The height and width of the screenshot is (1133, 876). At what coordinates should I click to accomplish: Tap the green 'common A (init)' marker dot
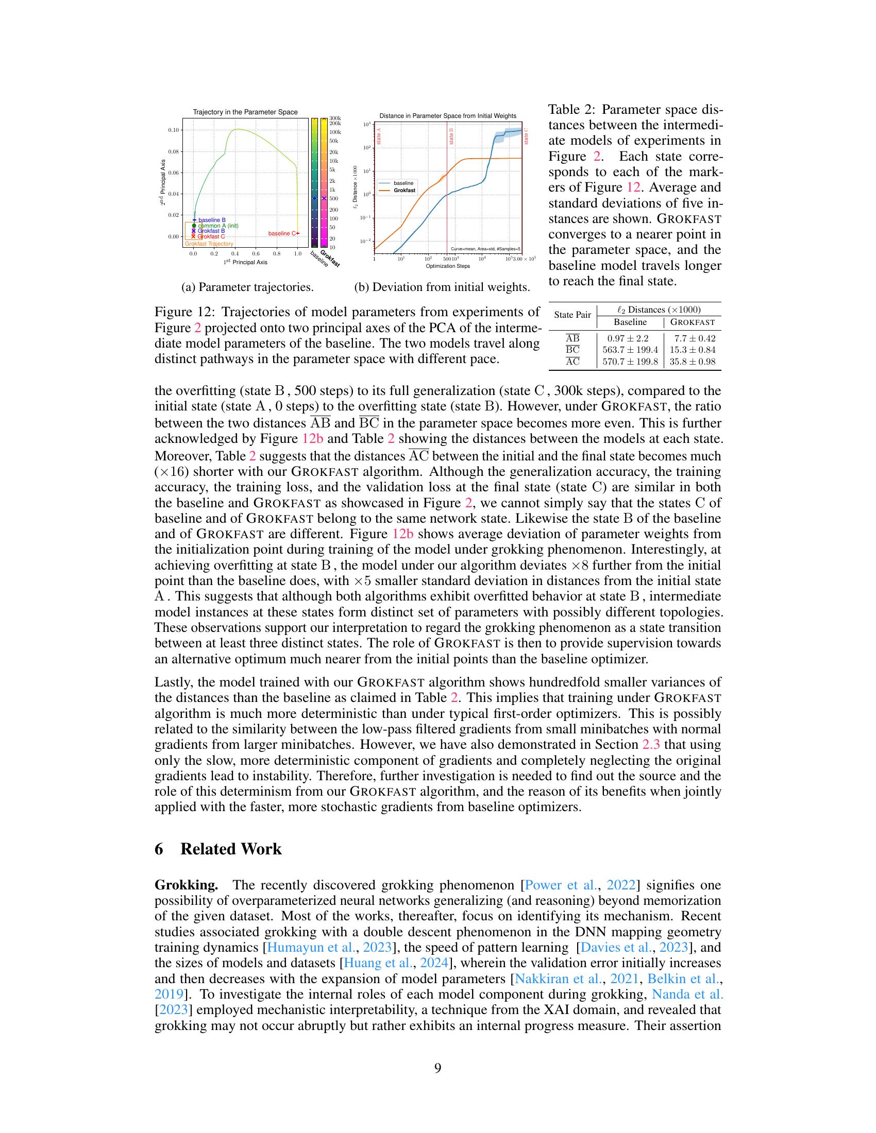point(194,226)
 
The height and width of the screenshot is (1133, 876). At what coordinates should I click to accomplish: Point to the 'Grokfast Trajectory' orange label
point(209,244)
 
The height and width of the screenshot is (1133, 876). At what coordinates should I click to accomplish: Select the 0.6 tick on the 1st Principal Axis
point(256,254)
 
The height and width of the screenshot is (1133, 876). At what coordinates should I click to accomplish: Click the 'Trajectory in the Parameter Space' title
point(245,112)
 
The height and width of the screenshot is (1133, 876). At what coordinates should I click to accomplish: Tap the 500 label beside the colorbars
point(334,199)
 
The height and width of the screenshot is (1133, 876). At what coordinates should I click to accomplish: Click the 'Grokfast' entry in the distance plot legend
point(404,191)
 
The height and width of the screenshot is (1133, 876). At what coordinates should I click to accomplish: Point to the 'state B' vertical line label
point(451,136)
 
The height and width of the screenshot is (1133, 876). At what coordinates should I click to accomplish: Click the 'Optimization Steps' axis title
point(447,266)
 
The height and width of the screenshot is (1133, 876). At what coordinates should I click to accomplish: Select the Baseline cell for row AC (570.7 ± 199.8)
point(630,362)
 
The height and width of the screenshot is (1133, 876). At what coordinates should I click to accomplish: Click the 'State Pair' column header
point(572,315)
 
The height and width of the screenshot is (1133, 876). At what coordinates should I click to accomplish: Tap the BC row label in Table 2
point(572,350)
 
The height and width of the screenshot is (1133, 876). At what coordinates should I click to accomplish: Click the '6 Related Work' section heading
point(218,849)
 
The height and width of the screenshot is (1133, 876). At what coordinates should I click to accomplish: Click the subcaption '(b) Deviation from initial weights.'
point(442,287)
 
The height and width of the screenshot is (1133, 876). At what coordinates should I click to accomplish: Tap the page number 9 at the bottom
point(437,1068)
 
